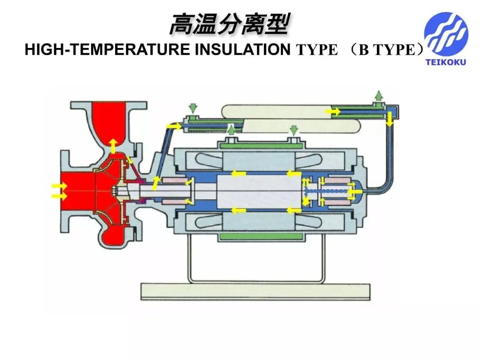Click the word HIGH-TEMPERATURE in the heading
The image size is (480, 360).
click(108, 50)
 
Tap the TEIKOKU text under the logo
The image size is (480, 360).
click(446, 63)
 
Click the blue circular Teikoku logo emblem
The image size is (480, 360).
click(446, 34)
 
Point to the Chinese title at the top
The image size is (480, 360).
click(229, 24)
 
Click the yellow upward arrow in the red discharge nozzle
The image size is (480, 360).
click(113, 146)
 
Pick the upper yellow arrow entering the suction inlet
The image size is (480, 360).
click(60, 186)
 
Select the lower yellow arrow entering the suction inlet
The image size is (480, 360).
click(60, 196)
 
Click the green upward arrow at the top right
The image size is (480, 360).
click(379, 96)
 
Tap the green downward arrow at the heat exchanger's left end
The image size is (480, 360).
click(193, 108)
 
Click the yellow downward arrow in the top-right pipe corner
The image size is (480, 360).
click(389, 119)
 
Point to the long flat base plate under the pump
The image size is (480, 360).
click(255, 292)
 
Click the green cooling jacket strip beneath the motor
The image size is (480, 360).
click(261, 236)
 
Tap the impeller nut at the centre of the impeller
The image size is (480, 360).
click(115, 192)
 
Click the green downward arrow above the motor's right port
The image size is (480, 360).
click(294, 130)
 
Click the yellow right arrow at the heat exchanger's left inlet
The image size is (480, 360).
click(174, 126)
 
